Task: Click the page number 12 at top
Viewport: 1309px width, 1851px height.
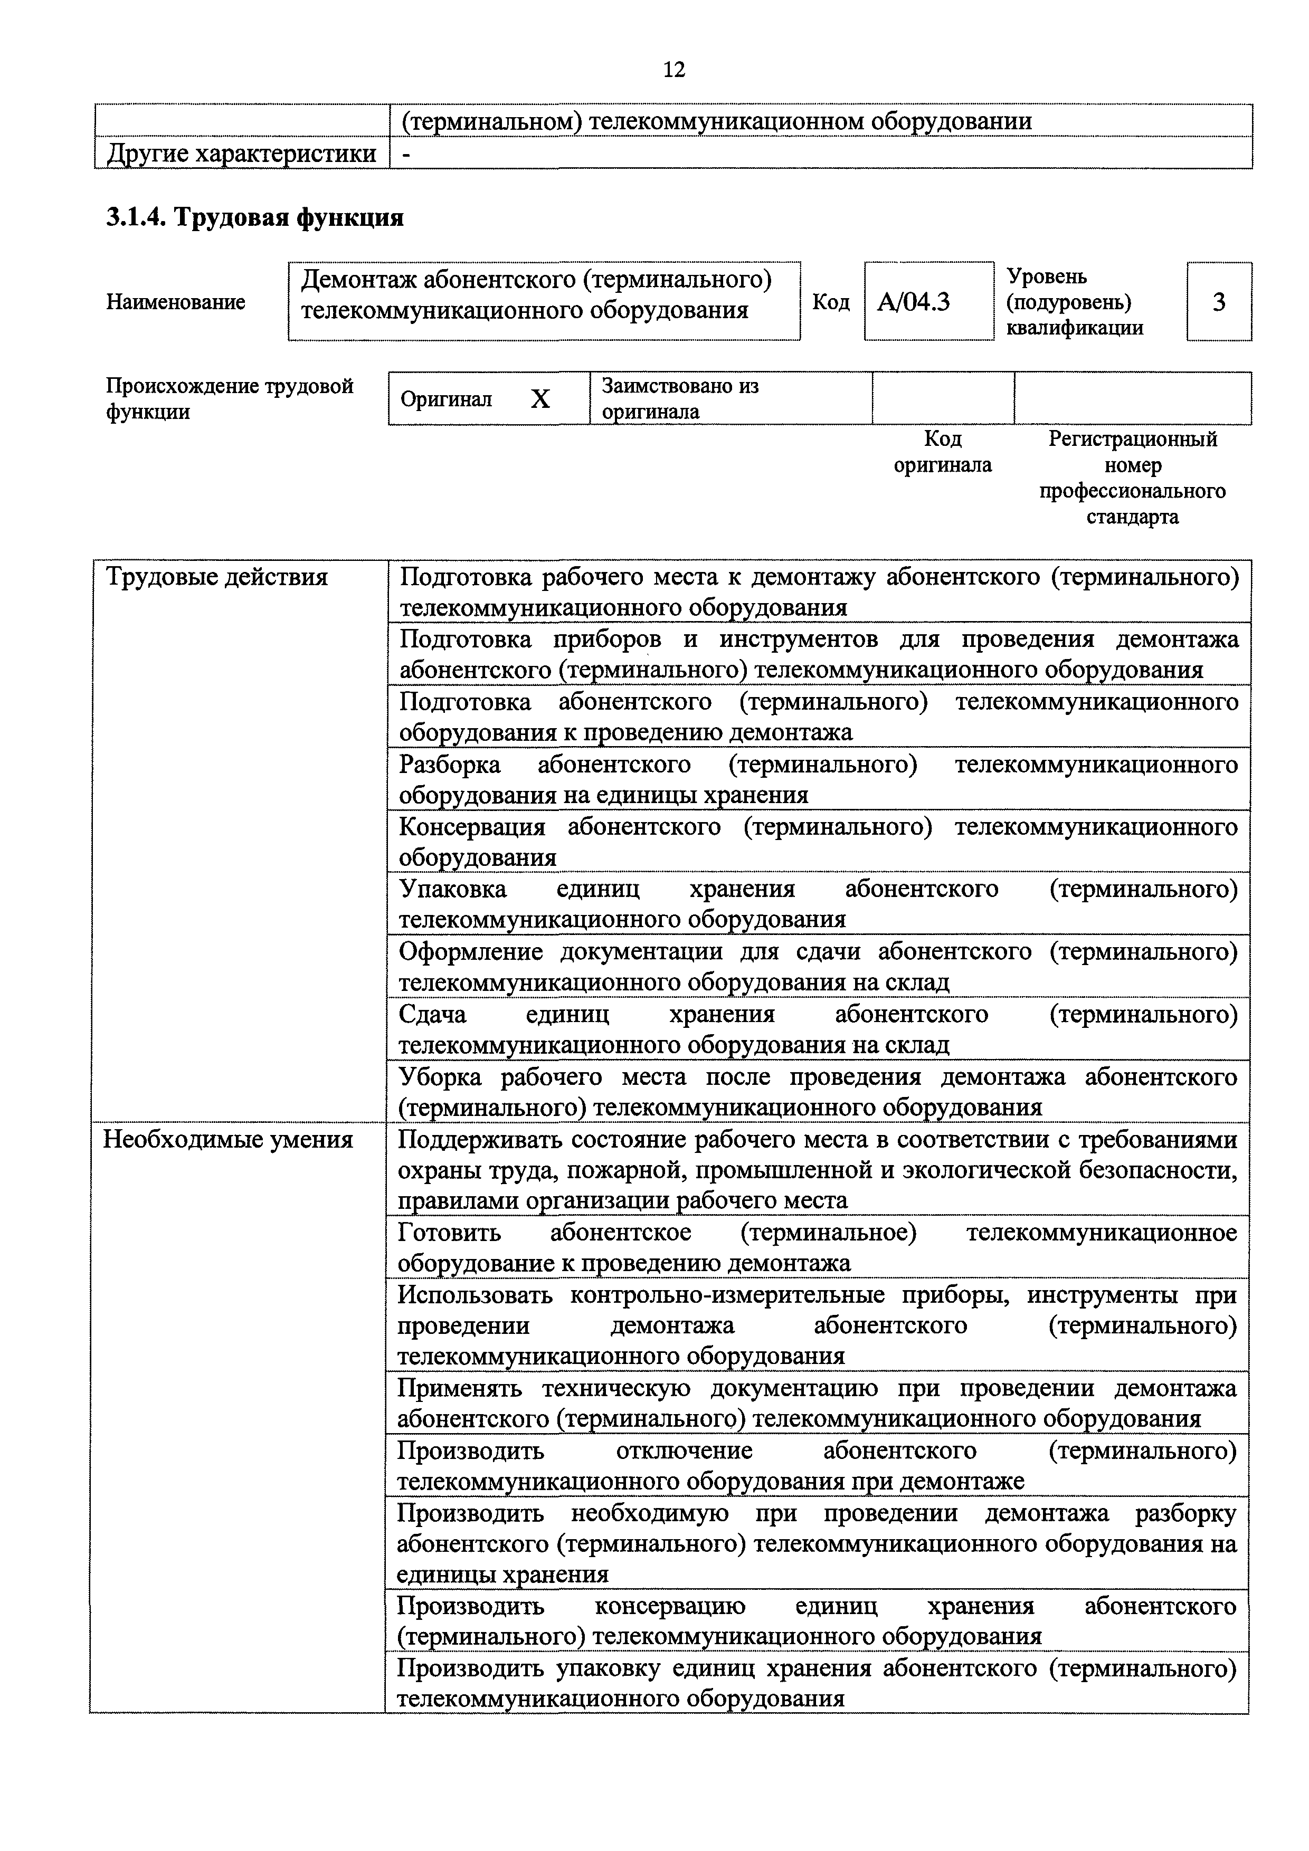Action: (674, 70)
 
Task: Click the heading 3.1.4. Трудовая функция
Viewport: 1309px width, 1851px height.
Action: (255, 218)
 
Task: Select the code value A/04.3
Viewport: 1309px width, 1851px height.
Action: (913, 302)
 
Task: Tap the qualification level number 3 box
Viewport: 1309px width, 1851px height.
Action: (1219, 302)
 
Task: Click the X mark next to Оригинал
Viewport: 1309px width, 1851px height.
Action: (540, 399)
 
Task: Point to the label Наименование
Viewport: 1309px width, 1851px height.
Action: (176, 302)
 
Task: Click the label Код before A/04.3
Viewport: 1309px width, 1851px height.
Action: (831, 302)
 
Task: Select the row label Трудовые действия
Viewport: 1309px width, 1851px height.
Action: (217, 577)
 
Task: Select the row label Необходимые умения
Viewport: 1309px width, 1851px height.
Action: (228, 1140)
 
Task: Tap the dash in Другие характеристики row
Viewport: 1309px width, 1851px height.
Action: (406, 153)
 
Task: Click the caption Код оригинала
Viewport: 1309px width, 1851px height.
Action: (942, 452)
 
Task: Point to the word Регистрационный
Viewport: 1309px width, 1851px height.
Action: (1132, 440)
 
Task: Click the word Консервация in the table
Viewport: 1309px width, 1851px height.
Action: (472, 827)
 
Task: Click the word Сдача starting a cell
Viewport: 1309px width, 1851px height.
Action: (432, 1014)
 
